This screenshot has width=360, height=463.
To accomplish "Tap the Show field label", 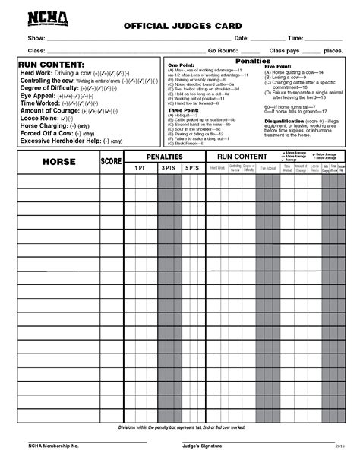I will click(36, 37).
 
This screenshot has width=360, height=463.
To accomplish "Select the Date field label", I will click(242, 37).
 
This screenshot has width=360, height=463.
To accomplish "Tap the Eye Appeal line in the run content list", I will click(37, 97).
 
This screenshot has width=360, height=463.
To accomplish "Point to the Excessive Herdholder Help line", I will click(61, 141).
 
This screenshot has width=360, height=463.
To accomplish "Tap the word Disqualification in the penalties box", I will click(284, 120).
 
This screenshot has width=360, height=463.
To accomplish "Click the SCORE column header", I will click(111, 161).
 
